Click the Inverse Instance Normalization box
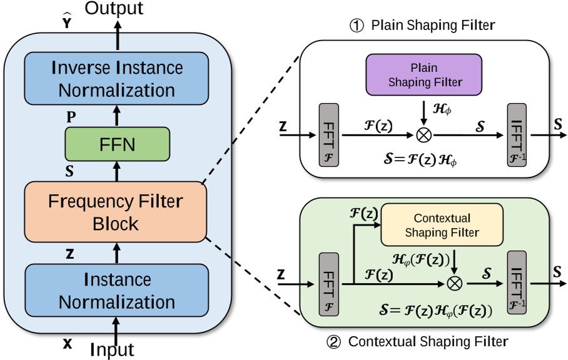point(116,78)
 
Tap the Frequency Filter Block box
point(116,212)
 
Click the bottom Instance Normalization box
point(116,290)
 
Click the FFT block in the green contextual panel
point(329,282)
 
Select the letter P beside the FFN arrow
point(73,116)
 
